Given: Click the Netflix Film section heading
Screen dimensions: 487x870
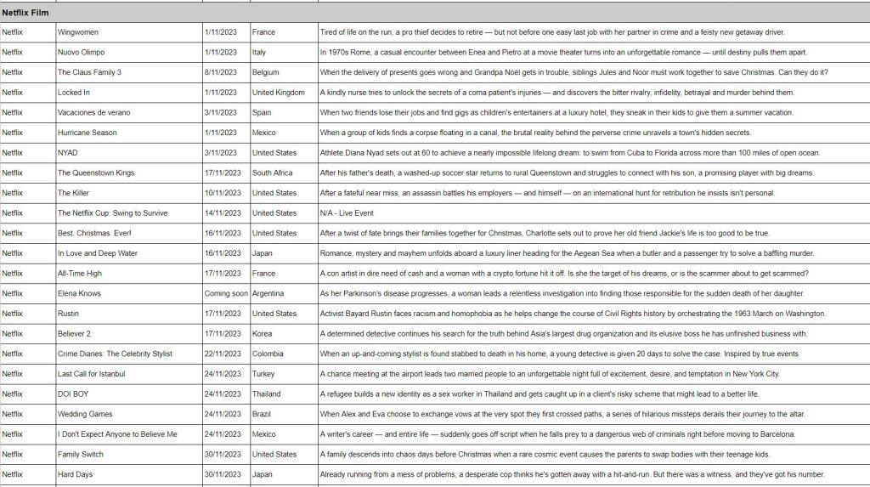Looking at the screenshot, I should click(x=25, y=13).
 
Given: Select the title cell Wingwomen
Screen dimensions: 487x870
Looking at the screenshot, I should click(x=78, y=32).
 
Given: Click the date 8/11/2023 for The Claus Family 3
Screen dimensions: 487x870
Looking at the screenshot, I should click(x=221, y=72).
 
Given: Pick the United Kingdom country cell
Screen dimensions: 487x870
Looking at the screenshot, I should click(x=278, y=93).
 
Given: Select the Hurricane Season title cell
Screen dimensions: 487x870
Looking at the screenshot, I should click(x=88, y=133).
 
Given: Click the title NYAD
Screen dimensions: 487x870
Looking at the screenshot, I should click(x=68, y=153).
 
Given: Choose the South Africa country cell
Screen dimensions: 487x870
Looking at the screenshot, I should click(x=272, y=173).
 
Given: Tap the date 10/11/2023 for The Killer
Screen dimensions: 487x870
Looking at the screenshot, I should click(x=221, y=193).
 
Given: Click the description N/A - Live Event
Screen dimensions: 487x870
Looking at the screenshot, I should click(x=347, y=213).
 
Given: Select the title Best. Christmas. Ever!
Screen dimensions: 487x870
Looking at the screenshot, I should click(x=95, y=233).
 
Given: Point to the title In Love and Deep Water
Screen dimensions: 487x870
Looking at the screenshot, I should click(x=98, y=253).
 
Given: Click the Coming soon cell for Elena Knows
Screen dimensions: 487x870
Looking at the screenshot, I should click(x=226, y=293).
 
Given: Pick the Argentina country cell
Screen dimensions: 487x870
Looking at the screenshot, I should click(x=268, y=293).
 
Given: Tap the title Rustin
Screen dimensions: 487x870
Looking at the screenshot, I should click(x=69, y=314).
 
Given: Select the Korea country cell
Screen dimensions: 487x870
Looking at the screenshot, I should click(x=263, y=334).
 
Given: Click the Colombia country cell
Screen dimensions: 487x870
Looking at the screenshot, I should click(x=268, y=354).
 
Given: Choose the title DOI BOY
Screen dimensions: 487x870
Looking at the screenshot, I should click(x=73, y=394).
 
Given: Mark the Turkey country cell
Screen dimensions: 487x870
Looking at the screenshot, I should click(x=264, y=374).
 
